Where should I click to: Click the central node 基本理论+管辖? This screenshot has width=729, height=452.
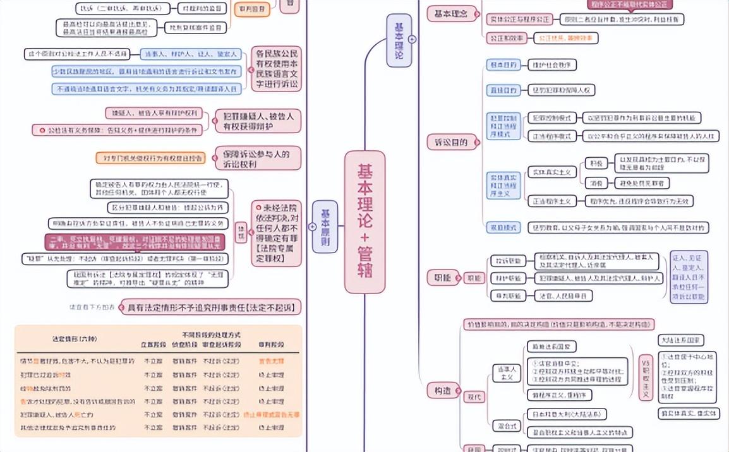(x=364, y=222)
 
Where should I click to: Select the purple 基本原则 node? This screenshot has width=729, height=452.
(x=325, y=226)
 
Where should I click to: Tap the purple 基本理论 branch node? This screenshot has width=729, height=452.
(x=399, y=40)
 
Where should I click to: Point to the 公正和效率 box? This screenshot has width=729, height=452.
(x=505, y=38)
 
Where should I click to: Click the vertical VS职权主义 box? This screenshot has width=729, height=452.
(x=645, y=376)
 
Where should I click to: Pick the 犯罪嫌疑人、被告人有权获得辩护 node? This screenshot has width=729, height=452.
(x=258, y=121)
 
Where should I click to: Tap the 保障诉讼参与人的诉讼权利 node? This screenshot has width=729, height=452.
(x=258, y=158)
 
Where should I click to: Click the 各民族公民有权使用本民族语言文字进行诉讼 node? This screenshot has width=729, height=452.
(x=277, y=68)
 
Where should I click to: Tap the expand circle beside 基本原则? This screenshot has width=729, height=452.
(x=312, y=226)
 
